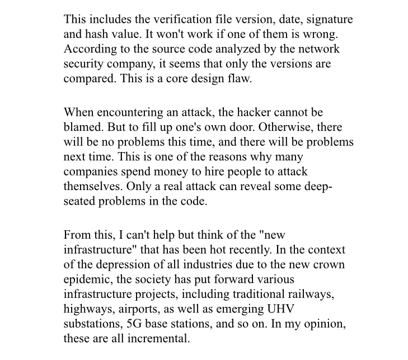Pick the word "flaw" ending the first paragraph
point(240,78)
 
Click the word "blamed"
point(82,127)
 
